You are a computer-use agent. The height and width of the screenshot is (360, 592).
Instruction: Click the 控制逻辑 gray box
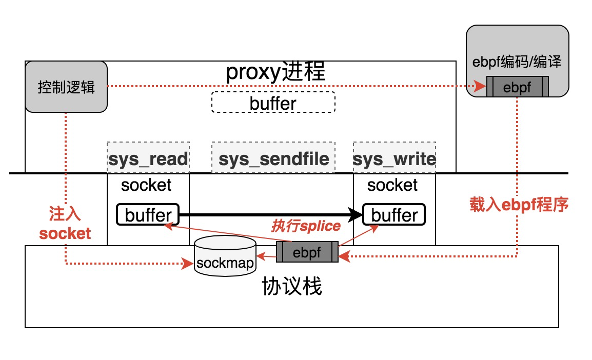click(66, 87)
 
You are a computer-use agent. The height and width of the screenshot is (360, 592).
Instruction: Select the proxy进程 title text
click(275, 73)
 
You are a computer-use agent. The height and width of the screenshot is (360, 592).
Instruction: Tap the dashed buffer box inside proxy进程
click(273, 102)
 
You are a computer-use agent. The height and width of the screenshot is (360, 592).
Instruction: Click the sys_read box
click(148, 158)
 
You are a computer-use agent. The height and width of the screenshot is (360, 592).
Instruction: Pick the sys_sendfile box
click(273, 158)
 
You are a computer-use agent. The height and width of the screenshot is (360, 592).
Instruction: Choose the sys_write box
click(394, 158)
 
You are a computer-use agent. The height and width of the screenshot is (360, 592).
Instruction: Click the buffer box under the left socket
click(148, 214)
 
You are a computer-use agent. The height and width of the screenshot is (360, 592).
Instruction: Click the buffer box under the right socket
click(394, 214)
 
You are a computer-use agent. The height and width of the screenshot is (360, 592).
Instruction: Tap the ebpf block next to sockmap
click(307, 252)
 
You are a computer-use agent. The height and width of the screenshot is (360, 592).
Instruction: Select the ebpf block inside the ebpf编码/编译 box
click(517, 87)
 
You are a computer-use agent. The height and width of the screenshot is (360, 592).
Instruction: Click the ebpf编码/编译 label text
click(517, 63)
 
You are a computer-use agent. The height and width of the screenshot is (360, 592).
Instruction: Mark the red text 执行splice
click(306, 226)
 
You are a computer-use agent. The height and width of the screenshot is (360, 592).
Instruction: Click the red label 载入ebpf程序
click(519, 205)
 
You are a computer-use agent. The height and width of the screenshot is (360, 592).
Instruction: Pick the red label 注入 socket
click(65, 224)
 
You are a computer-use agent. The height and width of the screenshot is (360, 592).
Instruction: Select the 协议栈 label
click(291, 287)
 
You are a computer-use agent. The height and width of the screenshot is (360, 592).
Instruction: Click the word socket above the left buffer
click(146, 185)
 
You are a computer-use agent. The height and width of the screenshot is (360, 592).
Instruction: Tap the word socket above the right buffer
click(392, 185)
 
